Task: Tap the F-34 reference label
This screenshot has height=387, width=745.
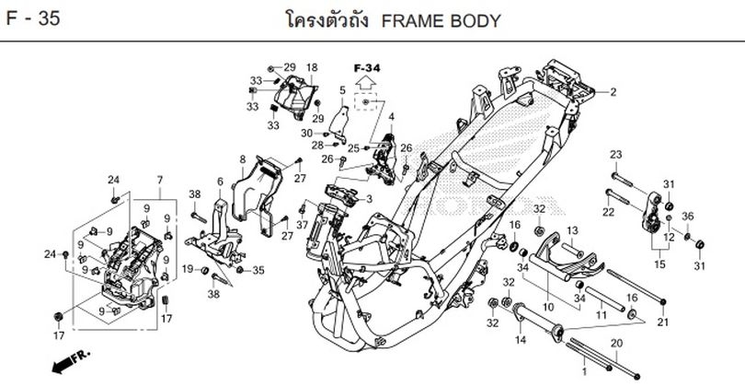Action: point(365,69)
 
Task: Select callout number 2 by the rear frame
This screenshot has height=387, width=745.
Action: point(613,91)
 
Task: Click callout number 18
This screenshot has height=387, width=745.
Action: point(311,68)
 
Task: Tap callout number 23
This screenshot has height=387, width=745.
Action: point(615,154)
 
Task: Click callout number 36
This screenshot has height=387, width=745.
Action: point(687,217)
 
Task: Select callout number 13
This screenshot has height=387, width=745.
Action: point(570,229)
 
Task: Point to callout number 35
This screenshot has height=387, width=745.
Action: point(258,270)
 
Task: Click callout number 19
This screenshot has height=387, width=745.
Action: point(187,269)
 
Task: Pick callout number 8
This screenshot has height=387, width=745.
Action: point(243,158)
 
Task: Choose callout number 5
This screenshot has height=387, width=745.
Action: point(341,90)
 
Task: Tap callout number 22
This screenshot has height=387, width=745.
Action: point(607,214)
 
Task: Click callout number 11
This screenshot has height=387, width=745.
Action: point(602,316)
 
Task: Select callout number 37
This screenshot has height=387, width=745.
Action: point(303,226)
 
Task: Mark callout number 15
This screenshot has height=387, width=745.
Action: point(658,264)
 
